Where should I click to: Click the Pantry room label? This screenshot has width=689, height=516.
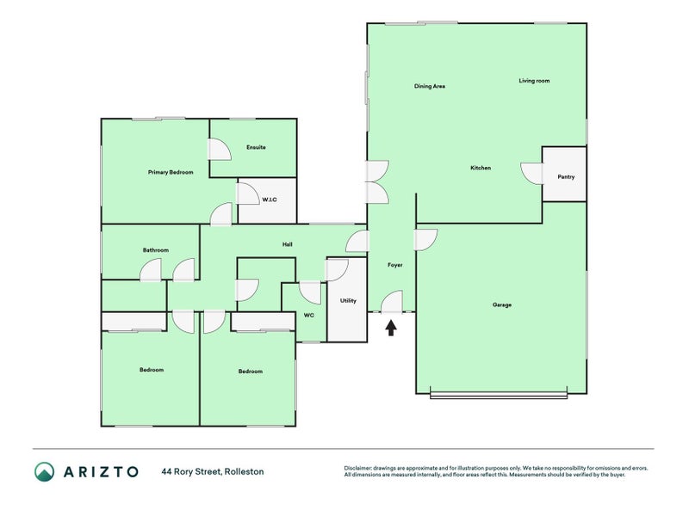(x=566, y=177)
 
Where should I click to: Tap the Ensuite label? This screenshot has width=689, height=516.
(x=256, y=147)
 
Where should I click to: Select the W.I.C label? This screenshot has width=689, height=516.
(x=270, y=200)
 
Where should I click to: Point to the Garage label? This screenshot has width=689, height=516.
(x=502, y=304)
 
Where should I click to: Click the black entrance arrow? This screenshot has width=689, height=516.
(x=391, y=328)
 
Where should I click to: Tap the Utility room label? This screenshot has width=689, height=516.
(x=348, y=300)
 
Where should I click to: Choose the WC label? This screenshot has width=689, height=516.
(x=309, y=315)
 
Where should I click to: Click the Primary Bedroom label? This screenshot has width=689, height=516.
(x=171, y=173)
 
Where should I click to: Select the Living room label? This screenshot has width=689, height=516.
(x=534, y=81)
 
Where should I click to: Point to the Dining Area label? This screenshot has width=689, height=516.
(x=429, y=87)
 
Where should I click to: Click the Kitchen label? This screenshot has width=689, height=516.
(x=481, y=168)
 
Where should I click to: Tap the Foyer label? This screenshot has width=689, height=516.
(x=395, y=265)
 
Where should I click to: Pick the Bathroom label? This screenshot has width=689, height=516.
(x=156, y=250)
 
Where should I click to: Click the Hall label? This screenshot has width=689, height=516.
(x=288, y=244)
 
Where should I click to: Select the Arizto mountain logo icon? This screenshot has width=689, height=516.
(x=45, y=471)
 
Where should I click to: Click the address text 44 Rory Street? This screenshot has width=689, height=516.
(x=191, y=471)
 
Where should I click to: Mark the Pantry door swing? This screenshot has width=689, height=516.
(x=531, y=174)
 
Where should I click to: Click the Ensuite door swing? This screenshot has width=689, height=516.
(x=220, y=150)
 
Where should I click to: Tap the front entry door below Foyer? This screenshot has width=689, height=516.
(x=392, y=302)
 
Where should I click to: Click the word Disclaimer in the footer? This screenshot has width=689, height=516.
(x=358, y=468)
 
